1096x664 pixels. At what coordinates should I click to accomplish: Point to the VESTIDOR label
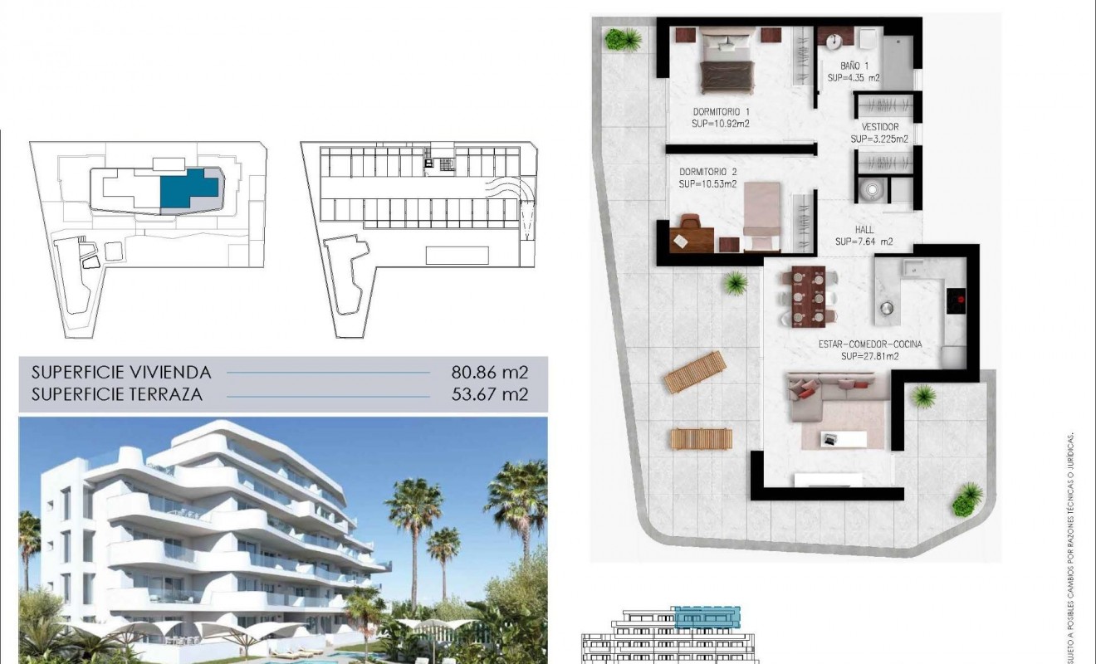pos(879,127)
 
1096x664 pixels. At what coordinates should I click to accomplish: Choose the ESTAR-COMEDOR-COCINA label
pos(869,344)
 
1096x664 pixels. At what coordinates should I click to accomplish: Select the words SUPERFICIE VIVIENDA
pos(121,372)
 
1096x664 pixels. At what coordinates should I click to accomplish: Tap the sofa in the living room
pos(830,398)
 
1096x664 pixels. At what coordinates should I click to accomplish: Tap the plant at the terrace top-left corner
pos(622,38)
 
